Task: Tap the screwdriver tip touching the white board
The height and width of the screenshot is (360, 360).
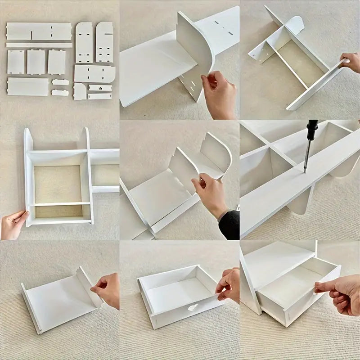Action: point(305,171)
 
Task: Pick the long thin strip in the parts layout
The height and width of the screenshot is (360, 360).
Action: point(39,45)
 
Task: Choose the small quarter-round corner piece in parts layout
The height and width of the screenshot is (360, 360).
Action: point(80,91)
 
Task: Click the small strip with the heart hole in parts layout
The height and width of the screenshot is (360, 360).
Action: point(100,88)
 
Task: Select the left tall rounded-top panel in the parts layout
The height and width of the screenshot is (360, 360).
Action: point(84,43)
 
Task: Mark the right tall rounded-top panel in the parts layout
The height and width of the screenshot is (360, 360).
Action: point(104,42)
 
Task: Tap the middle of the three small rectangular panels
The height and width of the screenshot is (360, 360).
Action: point(36,62)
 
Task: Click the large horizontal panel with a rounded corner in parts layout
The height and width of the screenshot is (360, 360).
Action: point(94,74)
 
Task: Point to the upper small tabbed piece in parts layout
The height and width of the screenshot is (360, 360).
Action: point(60,82)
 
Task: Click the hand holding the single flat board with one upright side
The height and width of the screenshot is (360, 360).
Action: point(107,288)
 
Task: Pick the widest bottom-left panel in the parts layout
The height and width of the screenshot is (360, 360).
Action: point(27,86)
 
